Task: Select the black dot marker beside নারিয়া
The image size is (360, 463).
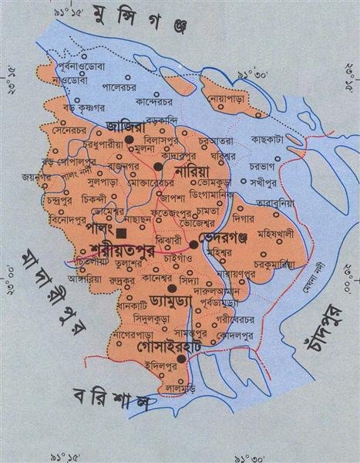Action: tap(158, 166)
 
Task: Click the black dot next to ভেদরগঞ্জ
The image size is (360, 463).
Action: tap(193, 244)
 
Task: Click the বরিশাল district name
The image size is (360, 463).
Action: tap(109, 401)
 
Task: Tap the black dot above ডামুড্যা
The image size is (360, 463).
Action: tap(172, 287)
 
